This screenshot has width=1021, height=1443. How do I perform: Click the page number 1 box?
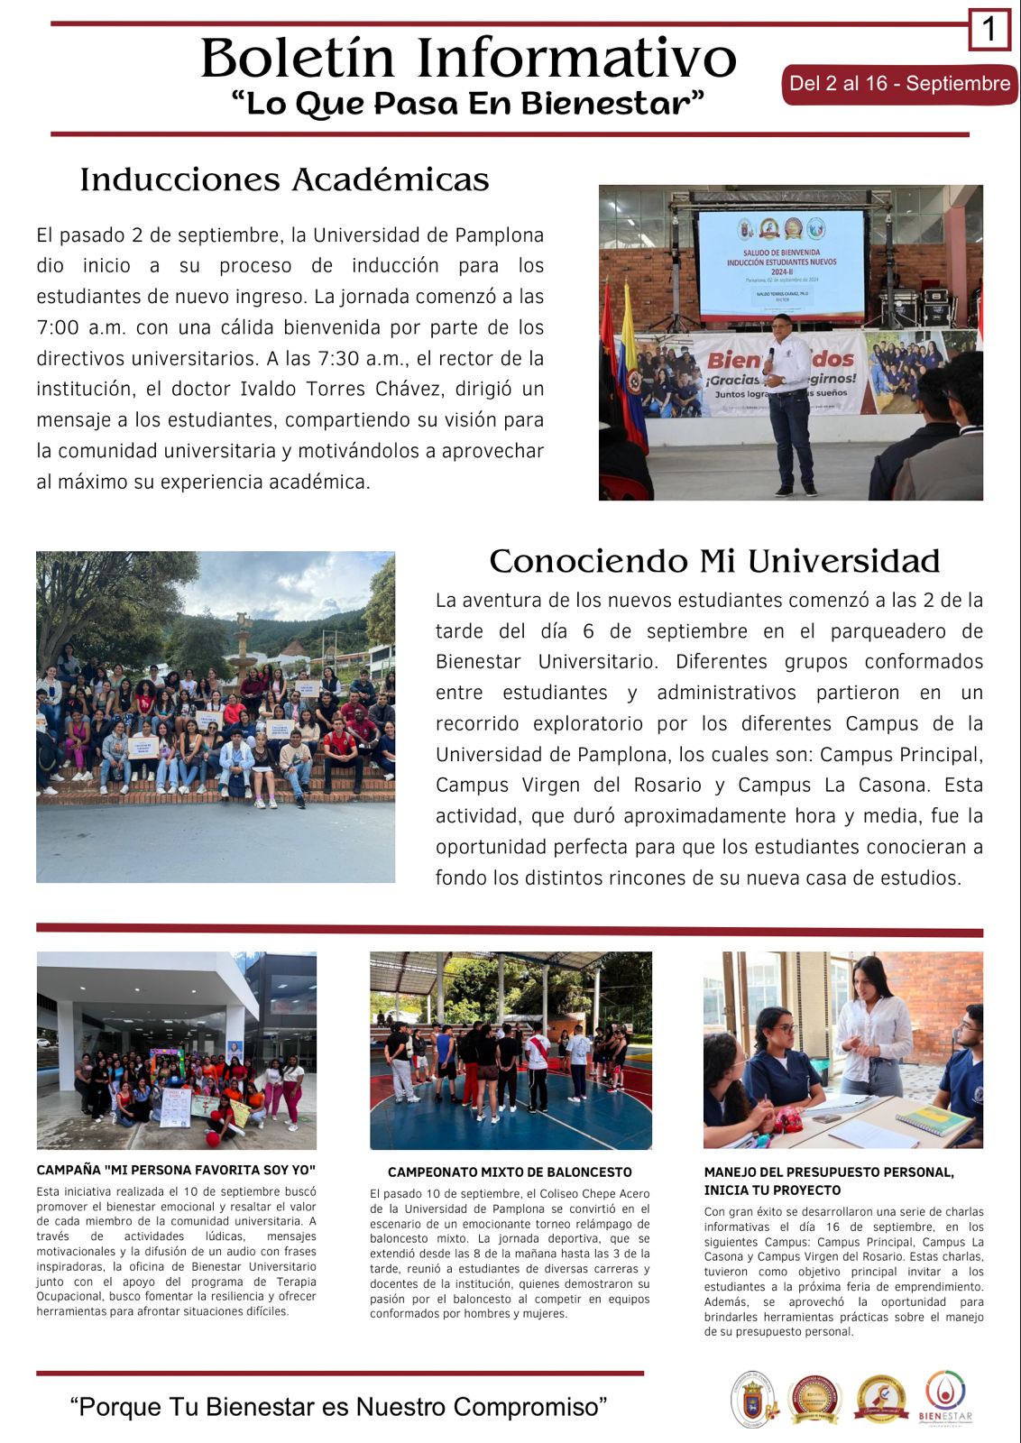pos(989,30)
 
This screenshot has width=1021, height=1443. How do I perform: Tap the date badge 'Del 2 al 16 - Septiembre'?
pos(899,84)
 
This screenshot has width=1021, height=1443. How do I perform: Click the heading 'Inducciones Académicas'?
pos(284,179)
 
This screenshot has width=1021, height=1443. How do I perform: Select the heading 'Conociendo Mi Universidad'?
pos(714,561)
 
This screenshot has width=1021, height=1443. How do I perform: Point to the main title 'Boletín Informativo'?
pos(468,59)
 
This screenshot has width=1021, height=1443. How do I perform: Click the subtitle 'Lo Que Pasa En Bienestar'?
pos(467,104)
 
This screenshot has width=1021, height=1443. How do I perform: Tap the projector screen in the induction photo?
pos(780,263)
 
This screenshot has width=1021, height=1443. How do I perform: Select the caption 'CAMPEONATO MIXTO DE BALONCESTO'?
pos(510,1172)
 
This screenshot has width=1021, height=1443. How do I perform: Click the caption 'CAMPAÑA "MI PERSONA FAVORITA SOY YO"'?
pos(176,1170)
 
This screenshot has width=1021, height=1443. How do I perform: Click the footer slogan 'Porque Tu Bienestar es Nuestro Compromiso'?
pos(338,1407)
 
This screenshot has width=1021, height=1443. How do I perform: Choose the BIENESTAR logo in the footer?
pos(945,1399)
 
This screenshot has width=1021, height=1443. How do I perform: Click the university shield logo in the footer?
pos(752,1400)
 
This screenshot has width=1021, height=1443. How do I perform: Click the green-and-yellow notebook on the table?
pos(934,1121)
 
